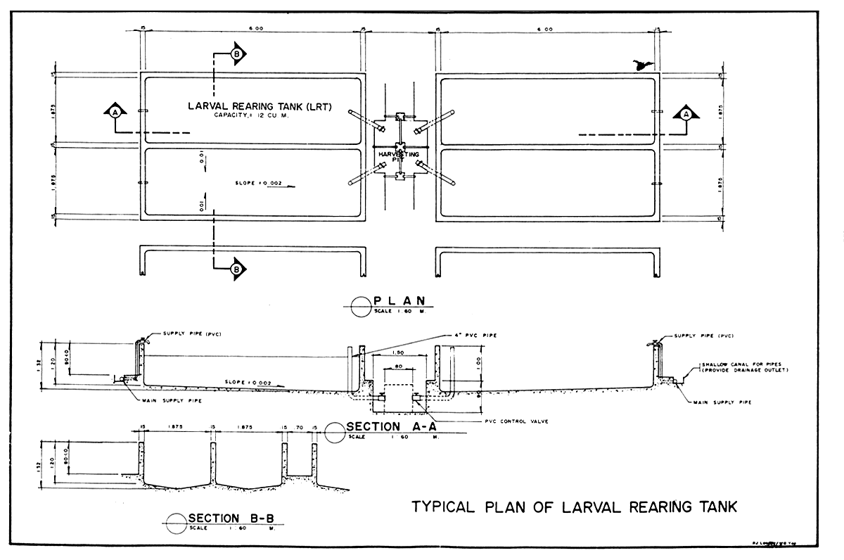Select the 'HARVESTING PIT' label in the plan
(399, 155)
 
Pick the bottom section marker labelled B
(236, 268)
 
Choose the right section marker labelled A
(685, 113)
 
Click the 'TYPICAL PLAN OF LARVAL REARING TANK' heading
(574, 507)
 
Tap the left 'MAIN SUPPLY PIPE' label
(169, 401)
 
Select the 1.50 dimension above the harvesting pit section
(397, 352)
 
